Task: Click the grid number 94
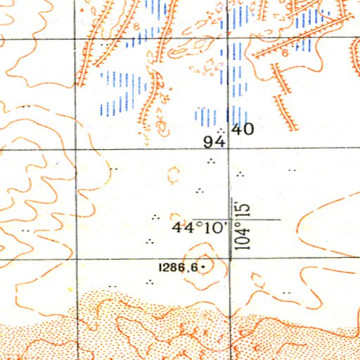coord(212,142)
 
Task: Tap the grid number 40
coord(243,129)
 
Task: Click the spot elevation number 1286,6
coord(179,267)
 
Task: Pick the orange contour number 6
coord(285,51)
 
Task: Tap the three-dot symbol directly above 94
coord(221,130)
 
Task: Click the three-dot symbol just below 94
coord(210,162)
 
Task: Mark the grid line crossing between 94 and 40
coord(229,137)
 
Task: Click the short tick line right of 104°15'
coord(267,219)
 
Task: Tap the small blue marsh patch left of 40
coord(203,116)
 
